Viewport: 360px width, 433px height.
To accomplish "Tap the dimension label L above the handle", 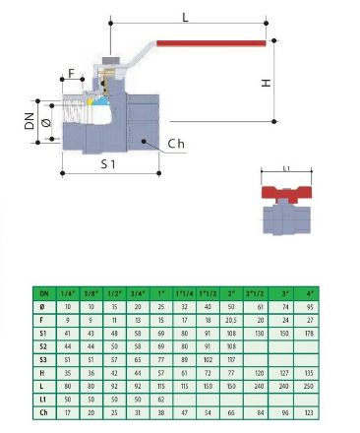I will pos(185,17).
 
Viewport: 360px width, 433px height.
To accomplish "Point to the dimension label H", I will pos(266,84).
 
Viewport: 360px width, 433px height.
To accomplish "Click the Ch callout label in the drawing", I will pos(176,145).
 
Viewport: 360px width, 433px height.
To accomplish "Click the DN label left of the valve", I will pos(30,123).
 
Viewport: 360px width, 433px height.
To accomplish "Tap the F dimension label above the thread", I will pos(71,73).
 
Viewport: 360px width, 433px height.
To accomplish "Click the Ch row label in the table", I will pos(43,410).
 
